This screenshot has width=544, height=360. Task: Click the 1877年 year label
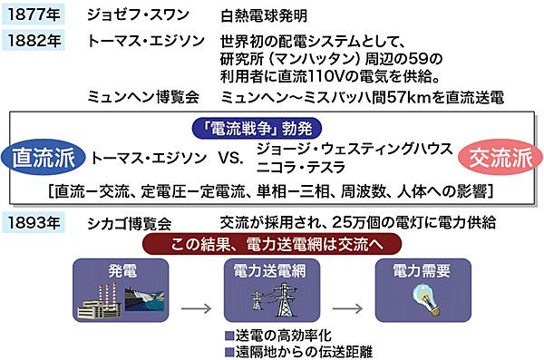tap(34, 15)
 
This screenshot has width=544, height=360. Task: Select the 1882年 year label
tap(34, 41)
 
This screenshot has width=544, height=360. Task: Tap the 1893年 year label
tap(34, 223)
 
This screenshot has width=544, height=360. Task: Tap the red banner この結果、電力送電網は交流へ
tap(271, 245)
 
